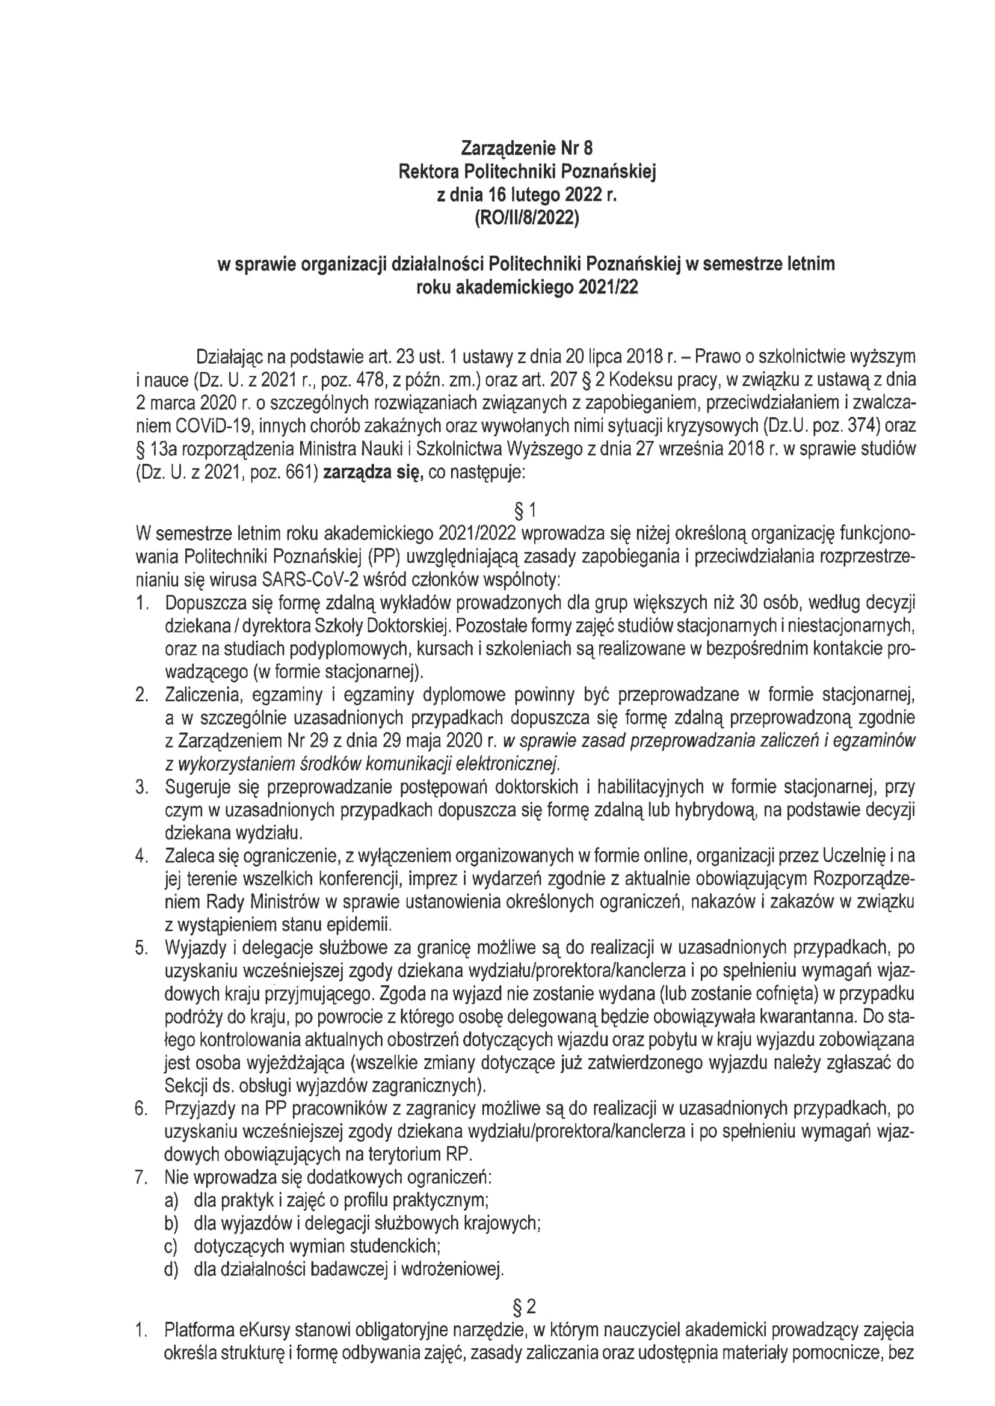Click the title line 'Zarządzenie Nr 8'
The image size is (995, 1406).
point(527,149)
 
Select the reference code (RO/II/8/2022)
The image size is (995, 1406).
point(527,219)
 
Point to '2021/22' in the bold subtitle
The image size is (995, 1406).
point(605,287)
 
